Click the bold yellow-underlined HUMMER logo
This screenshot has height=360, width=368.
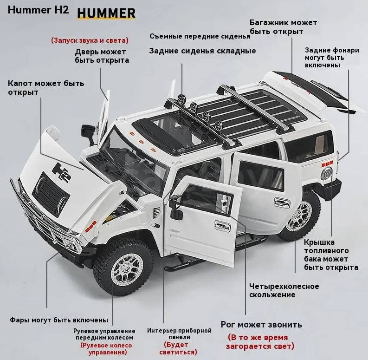click(106, 13)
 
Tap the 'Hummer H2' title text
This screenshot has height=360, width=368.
click(38, 10)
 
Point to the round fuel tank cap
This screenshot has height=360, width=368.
click(327, 174)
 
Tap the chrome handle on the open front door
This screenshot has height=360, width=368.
click(222, 226)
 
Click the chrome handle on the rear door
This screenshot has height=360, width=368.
click(282, 203)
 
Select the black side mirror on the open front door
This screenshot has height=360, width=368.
click(176, 207)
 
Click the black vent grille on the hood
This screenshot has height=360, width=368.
click(51, 193)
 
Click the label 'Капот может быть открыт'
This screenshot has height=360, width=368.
click(46, 88)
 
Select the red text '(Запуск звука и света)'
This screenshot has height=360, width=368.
click(90, 40)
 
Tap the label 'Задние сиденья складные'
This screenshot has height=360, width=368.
click(202, 51)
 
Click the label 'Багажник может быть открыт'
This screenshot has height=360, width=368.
click(283, 27)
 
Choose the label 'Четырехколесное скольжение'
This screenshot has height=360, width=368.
click(284, 290)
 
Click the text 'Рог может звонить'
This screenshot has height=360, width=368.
click(261, 325)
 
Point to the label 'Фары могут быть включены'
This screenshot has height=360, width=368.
click(59, 320)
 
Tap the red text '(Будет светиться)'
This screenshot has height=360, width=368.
click(178, 348)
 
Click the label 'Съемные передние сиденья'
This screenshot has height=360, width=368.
click(200, 36)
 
